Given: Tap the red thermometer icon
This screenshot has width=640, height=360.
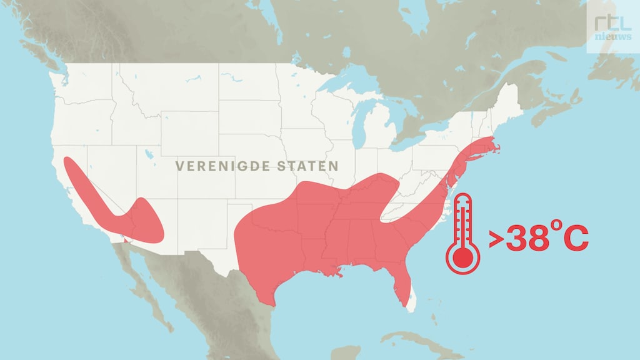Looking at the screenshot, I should (x=462, y=234).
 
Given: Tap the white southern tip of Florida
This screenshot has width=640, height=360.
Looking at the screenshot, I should (x=411, y=303).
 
